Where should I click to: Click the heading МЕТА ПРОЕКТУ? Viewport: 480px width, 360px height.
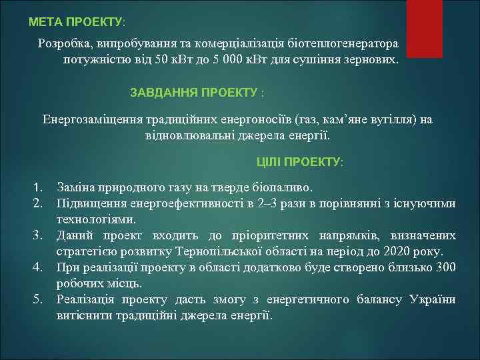[76, 22]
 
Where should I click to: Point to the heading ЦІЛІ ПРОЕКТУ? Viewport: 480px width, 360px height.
[300, 162]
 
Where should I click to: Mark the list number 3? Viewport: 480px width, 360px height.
[39, 235]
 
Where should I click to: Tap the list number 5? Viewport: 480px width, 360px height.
[39, 299]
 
